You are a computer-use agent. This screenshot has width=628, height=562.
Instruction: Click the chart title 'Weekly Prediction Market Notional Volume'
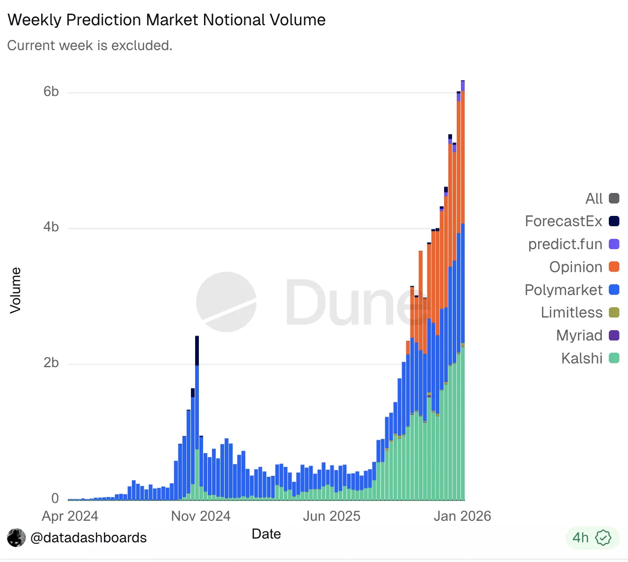167,20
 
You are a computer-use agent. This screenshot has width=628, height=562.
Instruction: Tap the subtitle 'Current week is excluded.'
90,45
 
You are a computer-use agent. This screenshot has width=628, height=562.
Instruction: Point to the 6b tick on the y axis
51,91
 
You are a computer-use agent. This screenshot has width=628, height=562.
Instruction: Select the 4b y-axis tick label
51,227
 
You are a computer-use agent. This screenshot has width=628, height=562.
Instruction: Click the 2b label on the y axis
51,363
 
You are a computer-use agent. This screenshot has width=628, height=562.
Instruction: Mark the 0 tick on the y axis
55,498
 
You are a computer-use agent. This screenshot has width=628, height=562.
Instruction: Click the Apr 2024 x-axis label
70,516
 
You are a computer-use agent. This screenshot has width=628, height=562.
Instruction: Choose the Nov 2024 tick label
201,516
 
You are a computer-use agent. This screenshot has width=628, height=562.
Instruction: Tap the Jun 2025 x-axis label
331,516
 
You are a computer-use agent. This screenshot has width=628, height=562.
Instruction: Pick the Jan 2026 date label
462,516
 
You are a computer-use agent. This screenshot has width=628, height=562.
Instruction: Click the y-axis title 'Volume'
15,290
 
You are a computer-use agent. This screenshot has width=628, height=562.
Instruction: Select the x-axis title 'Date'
266,534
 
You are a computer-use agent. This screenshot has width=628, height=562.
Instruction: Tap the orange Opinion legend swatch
614,267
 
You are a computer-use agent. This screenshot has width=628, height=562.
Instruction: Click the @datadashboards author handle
88,538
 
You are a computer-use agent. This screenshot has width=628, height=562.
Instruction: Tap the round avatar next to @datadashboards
16,538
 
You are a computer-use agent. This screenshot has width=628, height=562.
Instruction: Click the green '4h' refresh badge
592,538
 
